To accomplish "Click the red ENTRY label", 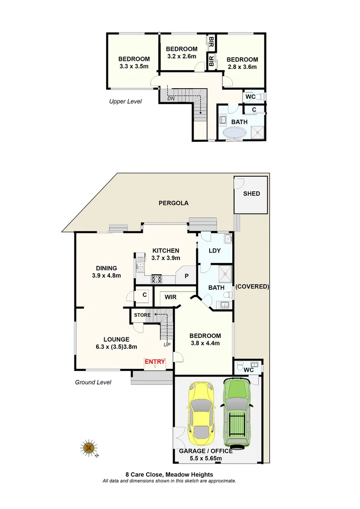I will pyautogui.click(x=155, y=362).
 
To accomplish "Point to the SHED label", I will pyautogui.click(x=251, y=194).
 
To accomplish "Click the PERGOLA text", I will pyautogui.click(x=173, y=203).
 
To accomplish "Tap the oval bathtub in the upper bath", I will pyautogui.click(x=233, y=133).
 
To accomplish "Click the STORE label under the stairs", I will pyautogui.click(x=142, y=315).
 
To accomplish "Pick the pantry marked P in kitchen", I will pyautogui.click(x=187, y=276).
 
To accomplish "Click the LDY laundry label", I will pyautogui.click(x=214, y=251).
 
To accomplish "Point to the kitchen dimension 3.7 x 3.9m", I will pyautogui.click(x=165, y=258).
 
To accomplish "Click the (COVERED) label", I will pyautogui.click(x=252, y=287).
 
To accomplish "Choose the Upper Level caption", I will pyautogui.click(x=125, y=101).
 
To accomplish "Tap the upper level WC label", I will pyautogui.click(x=250, y=97).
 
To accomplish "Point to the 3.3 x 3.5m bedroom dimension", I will pyautogui.click(x=134, y=66).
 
